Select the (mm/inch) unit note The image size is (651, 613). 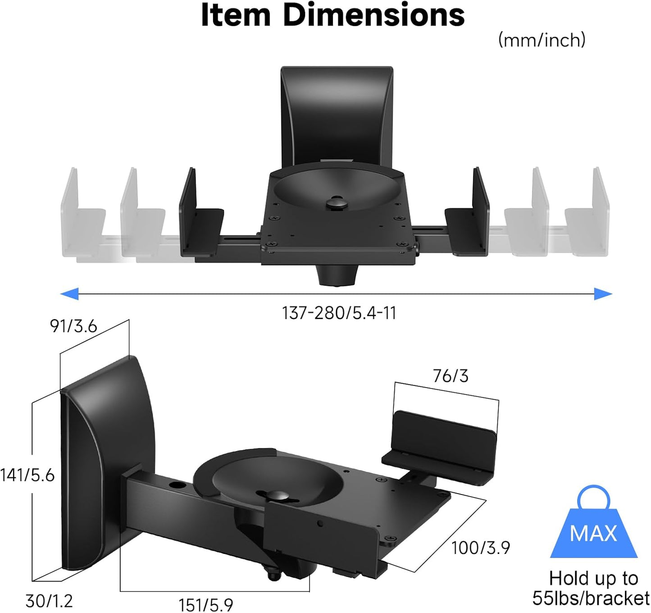click(x=542, y=40)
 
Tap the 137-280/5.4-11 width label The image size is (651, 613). click(x=339, y=313)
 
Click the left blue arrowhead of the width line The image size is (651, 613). click(x=69, y=294)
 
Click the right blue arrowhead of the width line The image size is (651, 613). click(x=603, y=294)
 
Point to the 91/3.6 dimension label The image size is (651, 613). click(x=73, y=326)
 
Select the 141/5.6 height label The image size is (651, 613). click(x=27, y=475)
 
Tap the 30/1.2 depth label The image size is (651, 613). click(x=49, y=601)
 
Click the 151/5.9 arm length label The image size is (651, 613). click(x=206, y=604)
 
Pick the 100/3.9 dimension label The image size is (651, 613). click(x=480, y=548)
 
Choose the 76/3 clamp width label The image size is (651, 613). click(x=451, y=376)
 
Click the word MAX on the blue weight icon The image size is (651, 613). click(x=593, y=534)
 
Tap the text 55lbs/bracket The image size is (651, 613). click(x=591, y=599)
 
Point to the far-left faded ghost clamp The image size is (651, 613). click(x=81, y=216)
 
